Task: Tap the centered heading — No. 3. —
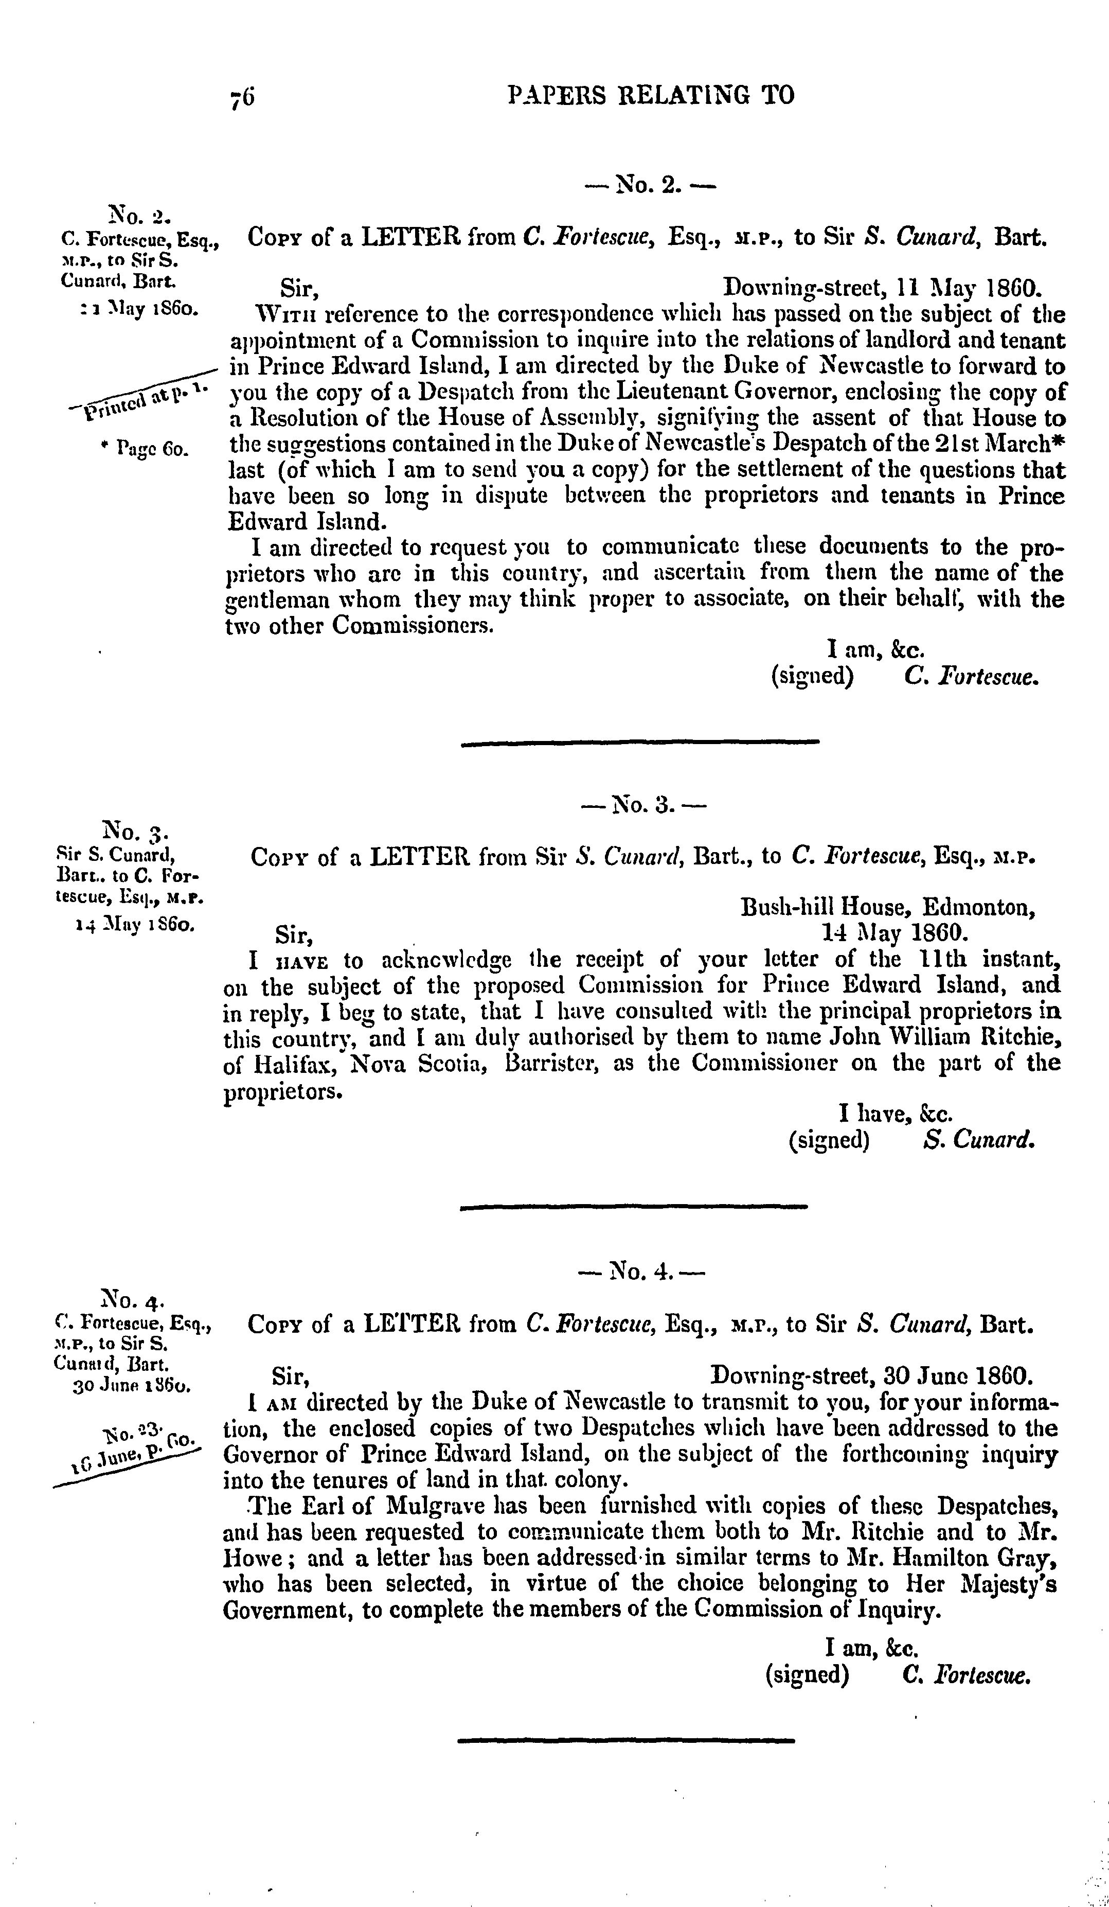pos(642,805)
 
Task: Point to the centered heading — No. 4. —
pos(640,1272)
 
